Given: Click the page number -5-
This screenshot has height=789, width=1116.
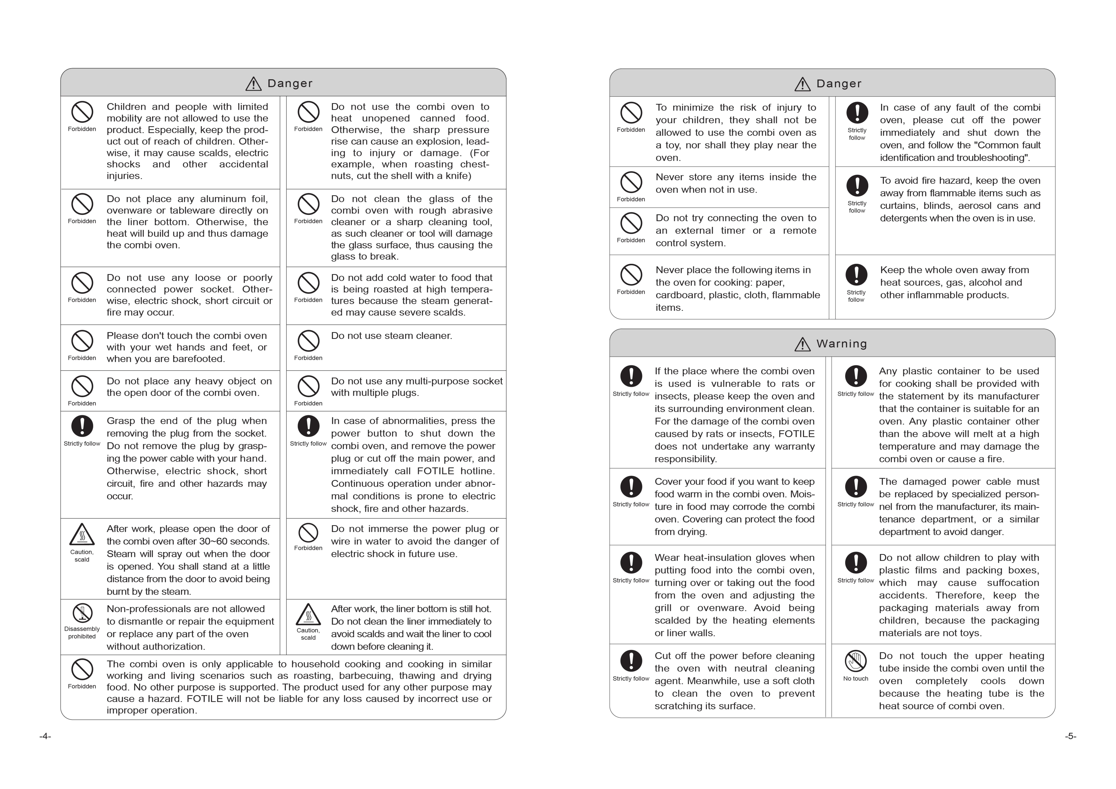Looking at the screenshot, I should [1070, 736].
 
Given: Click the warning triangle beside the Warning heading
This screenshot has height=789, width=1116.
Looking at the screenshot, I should [802, 344].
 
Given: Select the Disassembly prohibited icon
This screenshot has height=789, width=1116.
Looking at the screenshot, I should [82, 613].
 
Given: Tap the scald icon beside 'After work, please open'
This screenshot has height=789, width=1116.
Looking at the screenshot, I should [82, 535].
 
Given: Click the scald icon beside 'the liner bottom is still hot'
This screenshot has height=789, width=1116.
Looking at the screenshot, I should [308, 615].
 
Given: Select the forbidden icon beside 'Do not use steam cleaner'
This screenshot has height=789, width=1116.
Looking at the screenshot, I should [308, 341].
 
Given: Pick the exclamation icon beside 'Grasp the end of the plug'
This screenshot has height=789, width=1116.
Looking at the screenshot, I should [82, 426].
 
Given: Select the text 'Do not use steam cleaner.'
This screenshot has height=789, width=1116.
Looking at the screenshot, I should [391, 336].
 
